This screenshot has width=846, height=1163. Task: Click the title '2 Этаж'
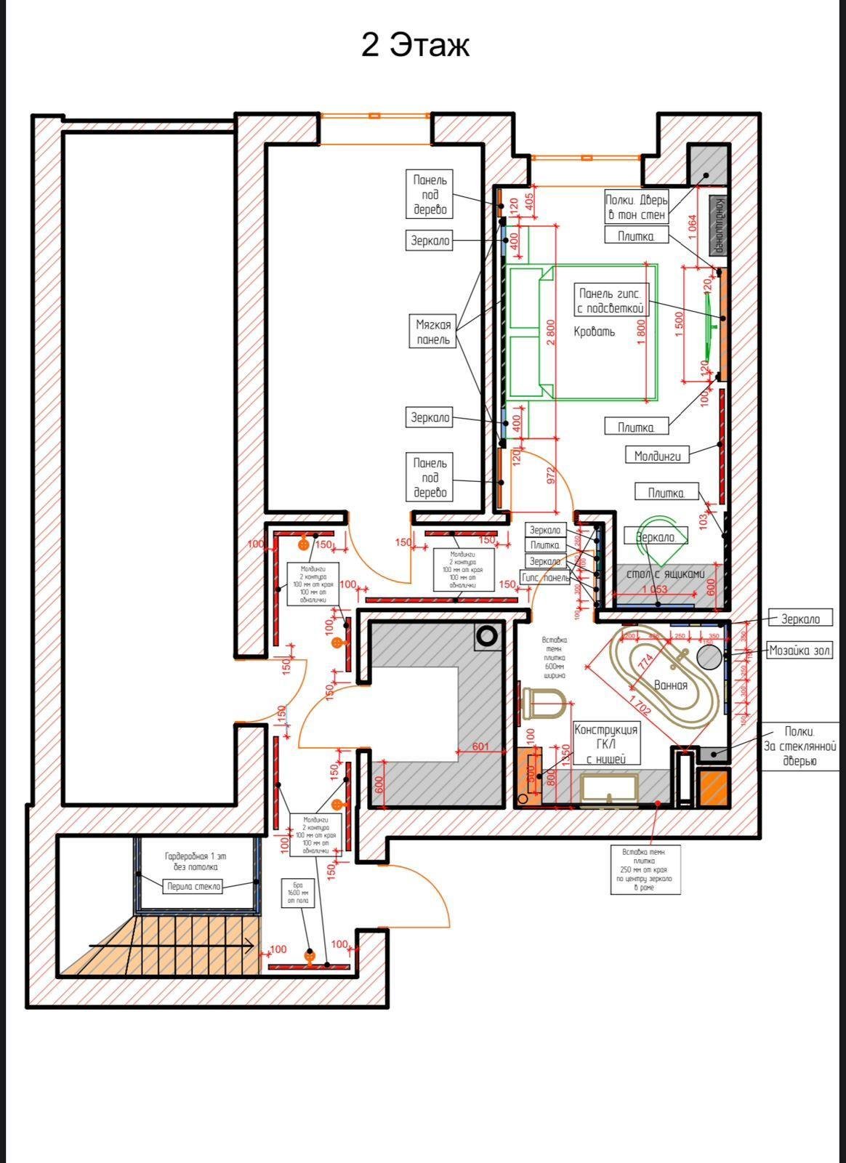pos(415,45)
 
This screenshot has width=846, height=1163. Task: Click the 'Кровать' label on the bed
pos(594,332)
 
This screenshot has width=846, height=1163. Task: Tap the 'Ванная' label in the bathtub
pos(670,685)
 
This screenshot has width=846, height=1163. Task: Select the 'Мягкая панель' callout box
pos(434,332)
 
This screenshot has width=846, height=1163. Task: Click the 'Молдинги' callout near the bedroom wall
pos(657,456)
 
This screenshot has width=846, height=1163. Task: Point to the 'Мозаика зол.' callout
pos(799,651)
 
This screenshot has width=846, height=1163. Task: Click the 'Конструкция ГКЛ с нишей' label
pos(606,744)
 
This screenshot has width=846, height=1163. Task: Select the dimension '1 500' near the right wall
pos(679,325)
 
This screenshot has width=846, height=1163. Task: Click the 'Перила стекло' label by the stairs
pos(193,886)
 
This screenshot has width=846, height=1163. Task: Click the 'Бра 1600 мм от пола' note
pos(298,891)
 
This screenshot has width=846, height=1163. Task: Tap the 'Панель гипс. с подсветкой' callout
pos(611,301)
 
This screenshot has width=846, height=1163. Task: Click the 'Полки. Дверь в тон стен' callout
pos(637,207)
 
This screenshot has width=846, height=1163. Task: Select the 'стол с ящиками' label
pos(666,574)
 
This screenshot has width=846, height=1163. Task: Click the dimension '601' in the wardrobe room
pos(480,747)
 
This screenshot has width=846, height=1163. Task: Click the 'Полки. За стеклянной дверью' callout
pos(799,746)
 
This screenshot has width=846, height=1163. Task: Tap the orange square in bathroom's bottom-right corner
pos(713,788)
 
